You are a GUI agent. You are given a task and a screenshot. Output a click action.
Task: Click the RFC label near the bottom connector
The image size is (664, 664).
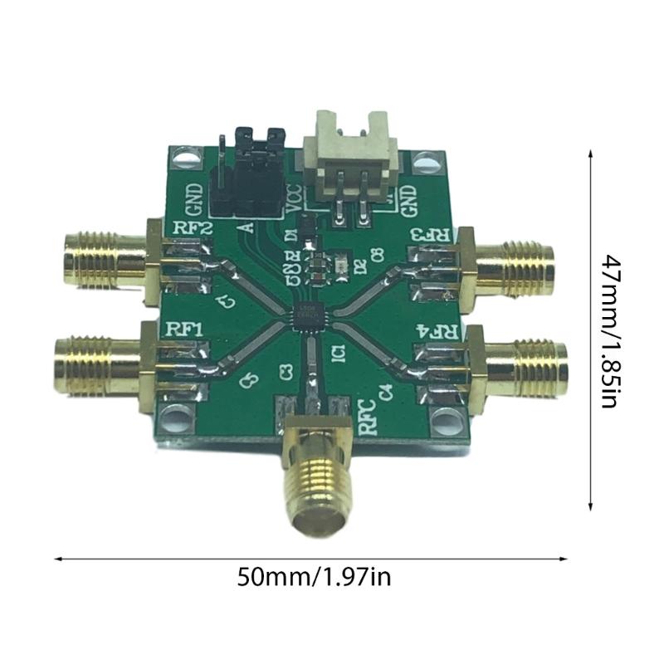(x=366, y=416)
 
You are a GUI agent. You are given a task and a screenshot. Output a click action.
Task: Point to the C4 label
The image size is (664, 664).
(x=383, y=388)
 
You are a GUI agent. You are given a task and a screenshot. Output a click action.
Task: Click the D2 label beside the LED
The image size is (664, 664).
(x=359, y=266)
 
